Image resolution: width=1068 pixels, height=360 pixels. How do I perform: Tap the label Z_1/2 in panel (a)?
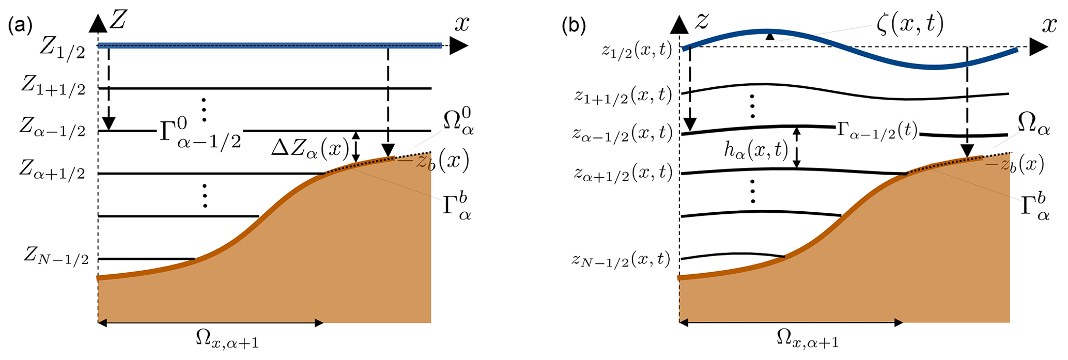[x=61, y=50]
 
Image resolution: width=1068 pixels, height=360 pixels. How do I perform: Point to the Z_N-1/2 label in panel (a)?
[x=56, y=256]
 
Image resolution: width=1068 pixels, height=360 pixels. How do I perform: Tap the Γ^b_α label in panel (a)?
[x=456, y=208]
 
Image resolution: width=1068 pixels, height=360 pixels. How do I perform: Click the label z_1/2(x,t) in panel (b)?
[x=637, y=50]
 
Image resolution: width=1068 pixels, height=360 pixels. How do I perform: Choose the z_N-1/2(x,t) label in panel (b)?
[x=620, y=259]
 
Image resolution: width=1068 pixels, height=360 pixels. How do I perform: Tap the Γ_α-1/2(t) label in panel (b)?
[x=876, y=132]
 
